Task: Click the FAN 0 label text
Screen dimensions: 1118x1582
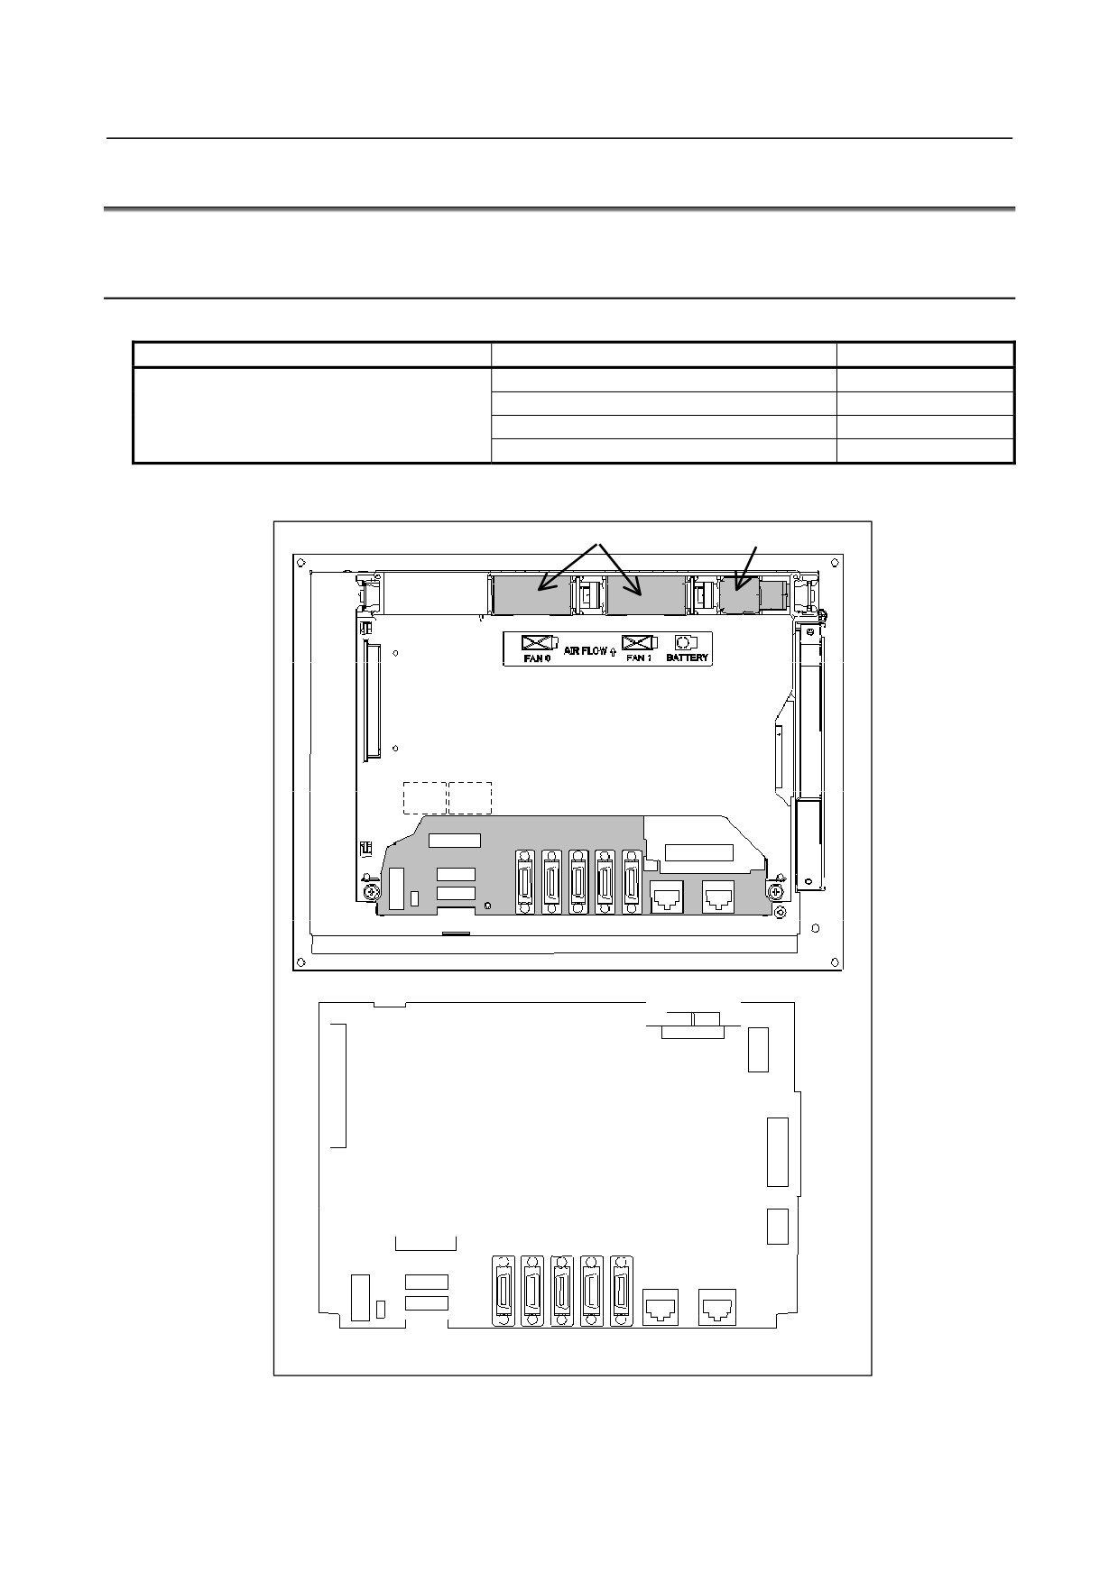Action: pos(537,658)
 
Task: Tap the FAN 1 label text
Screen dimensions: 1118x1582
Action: pos(639,658)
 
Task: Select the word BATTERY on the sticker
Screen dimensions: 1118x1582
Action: pos(688,658)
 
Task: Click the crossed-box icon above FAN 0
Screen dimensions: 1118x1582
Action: pos(539,642)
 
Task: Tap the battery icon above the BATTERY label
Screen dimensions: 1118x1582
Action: pos(687,642)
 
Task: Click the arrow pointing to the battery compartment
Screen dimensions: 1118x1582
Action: pos(747,567)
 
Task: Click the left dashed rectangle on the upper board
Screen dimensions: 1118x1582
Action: pos(424,798)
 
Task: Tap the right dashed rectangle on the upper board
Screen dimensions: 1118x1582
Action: pos(470,798)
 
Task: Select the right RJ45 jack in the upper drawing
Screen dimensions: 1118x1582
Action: pos(719,897)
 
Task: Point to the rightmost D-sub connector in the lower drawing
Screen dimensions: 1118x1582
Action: pos(620,1291)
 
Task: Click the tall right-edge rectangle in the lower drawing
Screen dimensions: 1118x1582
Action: pos(777,1152)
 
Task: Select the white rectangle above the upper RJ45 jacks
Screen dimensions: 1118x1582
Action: pos(699,852)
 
